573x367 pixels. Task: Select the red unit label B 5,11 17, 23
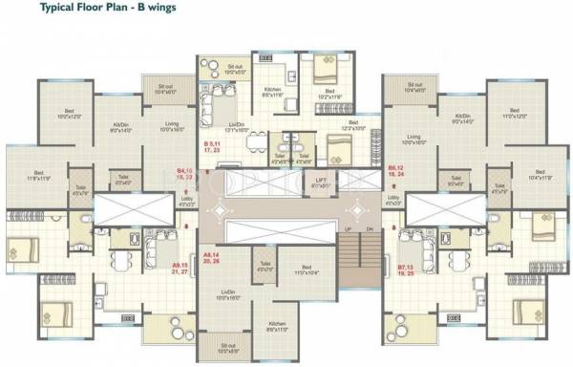coord(212,147)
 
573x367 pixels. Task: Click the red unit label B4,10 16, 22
coord(187,176)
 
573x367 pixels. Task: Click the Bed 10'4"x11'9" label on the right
coord(541,176)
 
